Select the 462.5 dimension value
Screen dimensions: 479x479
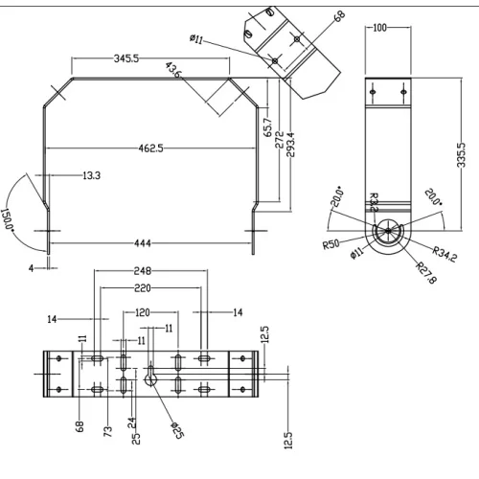tap(150, 148)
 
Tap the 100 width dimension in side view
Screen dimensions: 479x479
tap(380, 28)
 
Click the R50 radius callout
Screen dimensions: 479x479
tap(331, 244)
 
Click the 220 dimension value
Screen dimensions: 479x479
tap(143, 287)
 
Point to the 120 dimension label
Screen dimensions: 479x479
tap(142, 312)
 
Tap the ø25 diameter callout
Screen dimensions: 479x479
tap(177, 430)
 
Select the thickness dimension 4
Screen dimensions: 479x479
tap(31, 268)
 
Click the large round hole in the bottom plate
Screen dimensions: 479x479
tap(151, 378)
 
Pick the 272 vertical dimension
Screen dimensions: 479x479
tap(279, 138)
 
